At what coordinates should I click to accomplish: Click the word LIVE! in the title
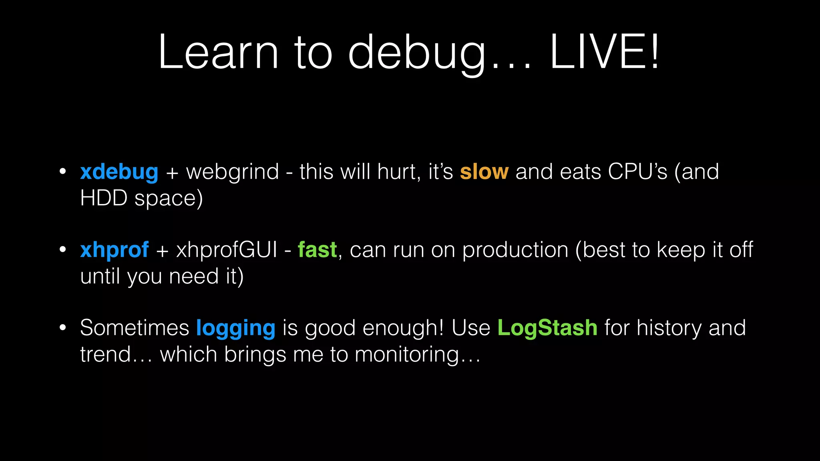point(604,52)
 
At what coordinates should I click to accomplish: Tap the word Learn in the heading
point(218,52)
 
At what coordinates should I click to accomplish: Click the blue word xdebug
point(119,172)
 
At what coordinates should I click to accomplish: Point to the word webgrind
point(233,172)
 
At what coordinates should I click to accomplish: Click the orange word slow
point(484,172)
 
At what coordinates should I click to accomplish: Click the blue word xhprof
point(115,251)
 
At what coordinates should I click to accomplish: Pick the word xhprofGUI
point(227,251)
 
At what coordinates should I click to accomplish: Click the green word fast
point(317,250)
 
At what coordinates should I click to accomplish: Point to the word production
point(515,251)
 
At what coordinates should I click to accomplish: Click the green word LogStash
point(547,328)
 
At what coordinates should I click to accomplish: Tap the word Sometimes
point(135,328)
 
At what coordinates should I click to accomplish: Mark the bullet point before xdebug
point(62,172)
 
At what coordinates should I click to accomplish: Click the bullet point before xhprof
point(62,250)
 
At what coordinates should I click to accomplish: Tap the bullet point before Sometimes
point(62,328)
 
